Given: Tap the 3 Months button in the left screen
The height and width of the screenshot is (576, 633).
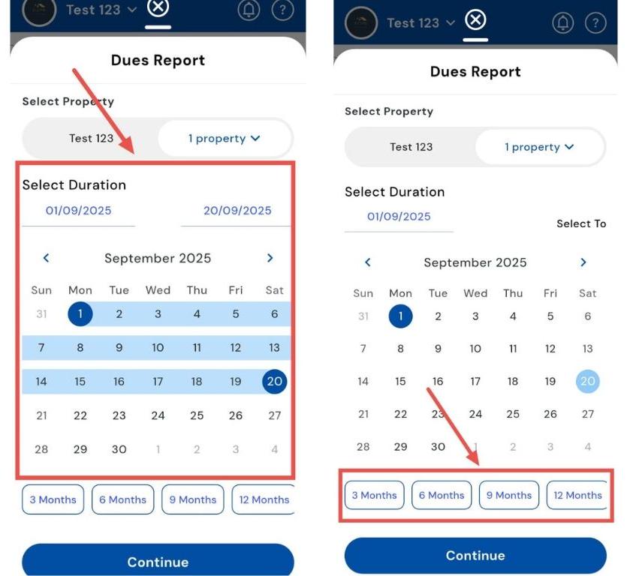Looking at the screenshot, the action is [53, 499].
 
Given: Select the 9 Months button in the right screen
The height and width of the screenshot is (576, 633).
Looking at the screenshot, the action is [508, 495].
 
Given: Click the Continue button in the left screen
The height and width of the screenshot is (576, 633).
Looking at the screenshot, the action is [158, 562].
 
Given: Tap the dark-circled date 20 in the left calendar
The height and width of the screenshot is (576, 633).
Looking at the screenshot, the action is [275, 381].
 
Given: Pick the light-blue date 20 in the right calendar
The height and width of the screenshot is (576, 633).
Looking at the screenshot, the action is [588, 381].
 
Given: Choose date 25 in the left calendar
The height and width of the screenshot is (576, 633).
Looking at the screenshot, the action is [197, 415].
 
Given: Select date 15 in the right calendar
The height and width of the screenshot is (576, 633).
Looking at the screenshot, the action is [400, 381].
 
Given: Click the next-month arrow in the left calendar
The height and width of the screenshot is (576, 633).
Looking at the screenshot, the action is [270, 258].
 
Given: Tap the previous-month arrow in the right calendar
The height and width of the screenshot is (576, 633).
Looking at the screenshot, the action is [368, 262].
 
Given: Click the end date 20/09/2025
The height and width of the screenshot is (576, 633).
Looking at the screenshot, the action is [237, 211].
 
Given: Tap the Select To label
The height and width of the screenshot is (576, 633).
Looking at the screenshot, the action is [581, 223].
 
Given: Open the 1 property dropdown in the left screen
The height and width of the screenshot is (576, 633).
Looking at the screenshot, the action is [225, 138].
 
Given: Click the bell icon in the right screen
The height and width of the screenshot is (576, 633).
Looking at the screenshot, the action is [562, 22].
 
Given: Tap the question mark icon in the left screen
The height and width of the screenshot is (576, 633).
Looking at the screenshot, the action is [282, 10].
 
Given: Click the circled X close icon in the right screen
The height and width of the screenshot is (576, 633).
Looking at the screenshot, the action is [475, 19].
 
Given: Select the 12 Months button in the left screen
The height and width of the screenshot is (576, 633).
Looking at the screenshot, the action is [264, 499].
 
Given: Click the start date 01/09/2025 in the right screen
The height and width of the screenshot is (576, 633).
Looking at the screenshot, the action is [399, 217].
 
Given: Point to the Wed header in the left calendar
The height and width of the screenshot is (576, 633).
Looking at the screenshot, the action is [158, 290].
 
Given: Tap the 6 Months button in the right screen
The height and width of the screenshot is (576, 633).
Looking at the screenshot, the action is [442, 495].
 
